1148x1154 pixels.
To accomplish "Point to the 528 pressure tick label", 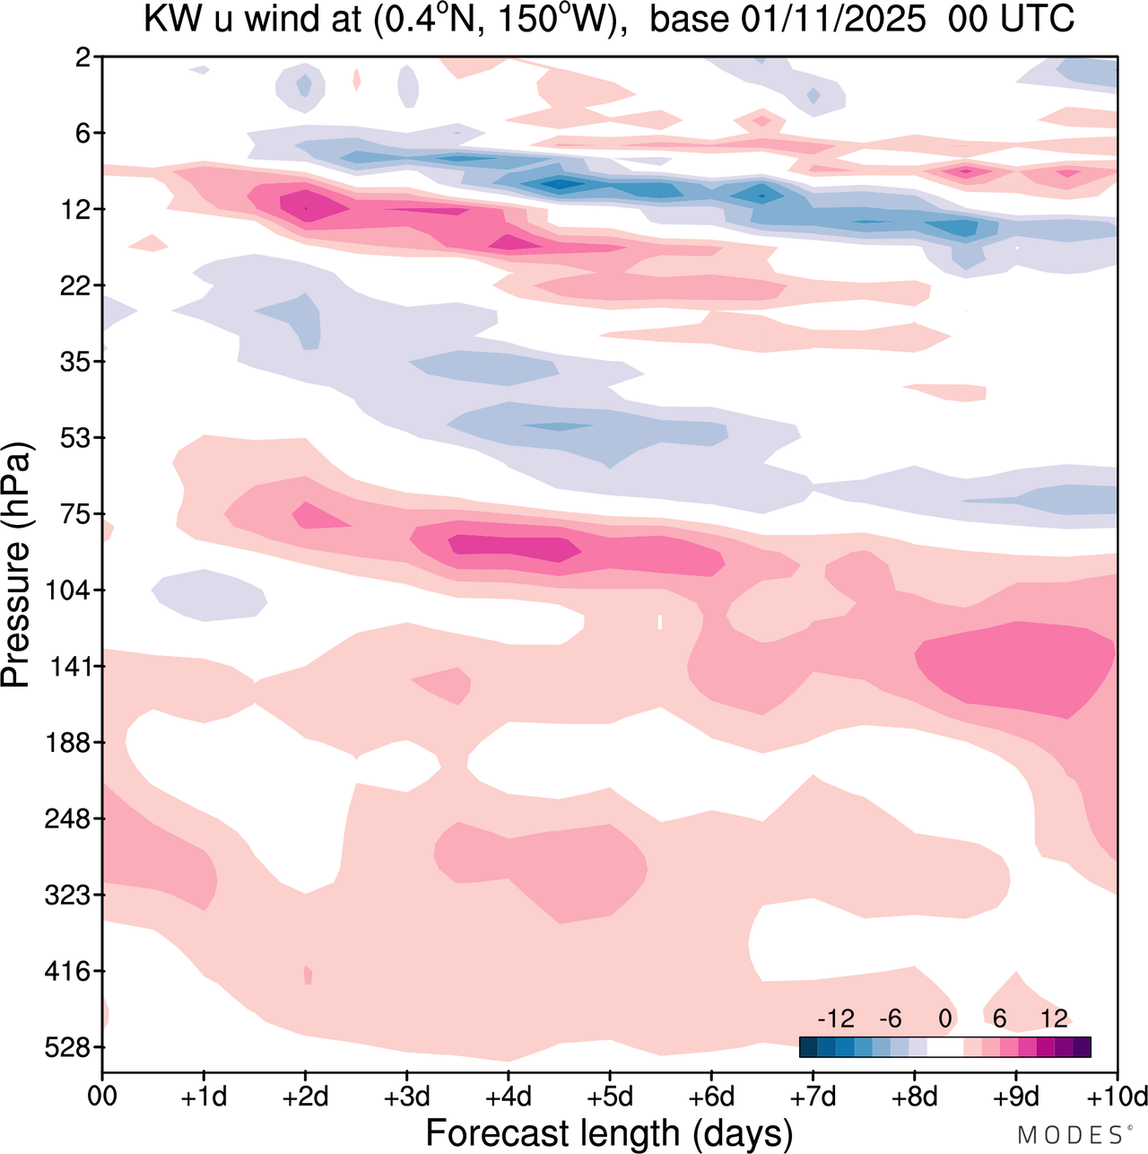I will (71, 1047).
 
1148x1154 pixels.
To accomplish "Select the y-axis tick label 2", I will (83, 57).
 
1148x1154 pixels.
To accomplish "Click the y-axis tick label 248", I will (71, 818).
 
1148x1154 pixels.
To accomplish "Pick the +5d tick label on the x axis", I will (609, 1097).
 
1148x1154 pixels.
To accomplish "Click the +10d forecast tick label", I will (1119, 1097).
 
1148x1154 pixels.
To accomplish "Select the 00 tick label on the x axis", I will (103, 1097).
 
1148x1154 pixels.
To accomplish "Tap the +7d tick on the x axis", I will (813, 1097).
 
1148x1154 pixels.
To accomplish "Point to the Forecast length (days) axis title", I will (609, 1132).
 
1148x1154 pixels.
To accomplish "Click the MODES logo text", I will (1070, 1135).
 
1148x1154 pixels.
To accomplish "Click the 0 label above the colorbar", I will (944, 1018).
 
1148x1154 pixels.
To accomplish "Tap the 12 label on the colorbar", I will (1054, 1018).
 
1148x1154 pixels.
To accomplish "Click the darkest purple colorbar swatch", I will (1082, 1047).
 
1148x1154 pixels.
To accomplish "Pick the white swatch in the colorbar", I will (944, 1047).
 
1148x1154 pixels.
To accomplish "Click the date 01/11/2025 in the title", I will (833, 20).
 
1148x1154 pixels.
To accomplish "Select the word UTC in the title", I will (1035, 20).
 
